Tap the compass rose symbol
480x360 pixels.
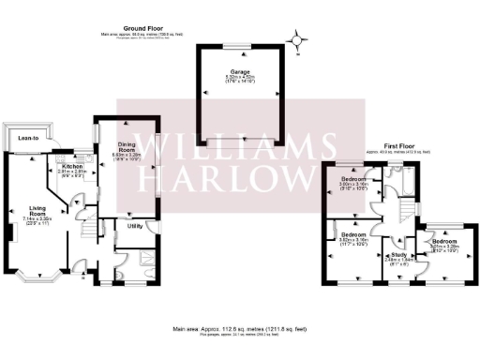point(297,40)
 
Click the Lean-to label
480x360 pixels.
point(28,139)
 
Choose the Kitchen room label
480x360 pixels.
point(72,166)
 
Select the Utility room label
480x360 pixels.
point(135,226)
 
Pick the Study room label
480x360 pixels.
point(398,254)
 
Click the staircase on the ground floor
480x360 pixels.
point(88,228)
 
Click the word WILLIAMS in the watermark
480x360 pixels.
point(240,146)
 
